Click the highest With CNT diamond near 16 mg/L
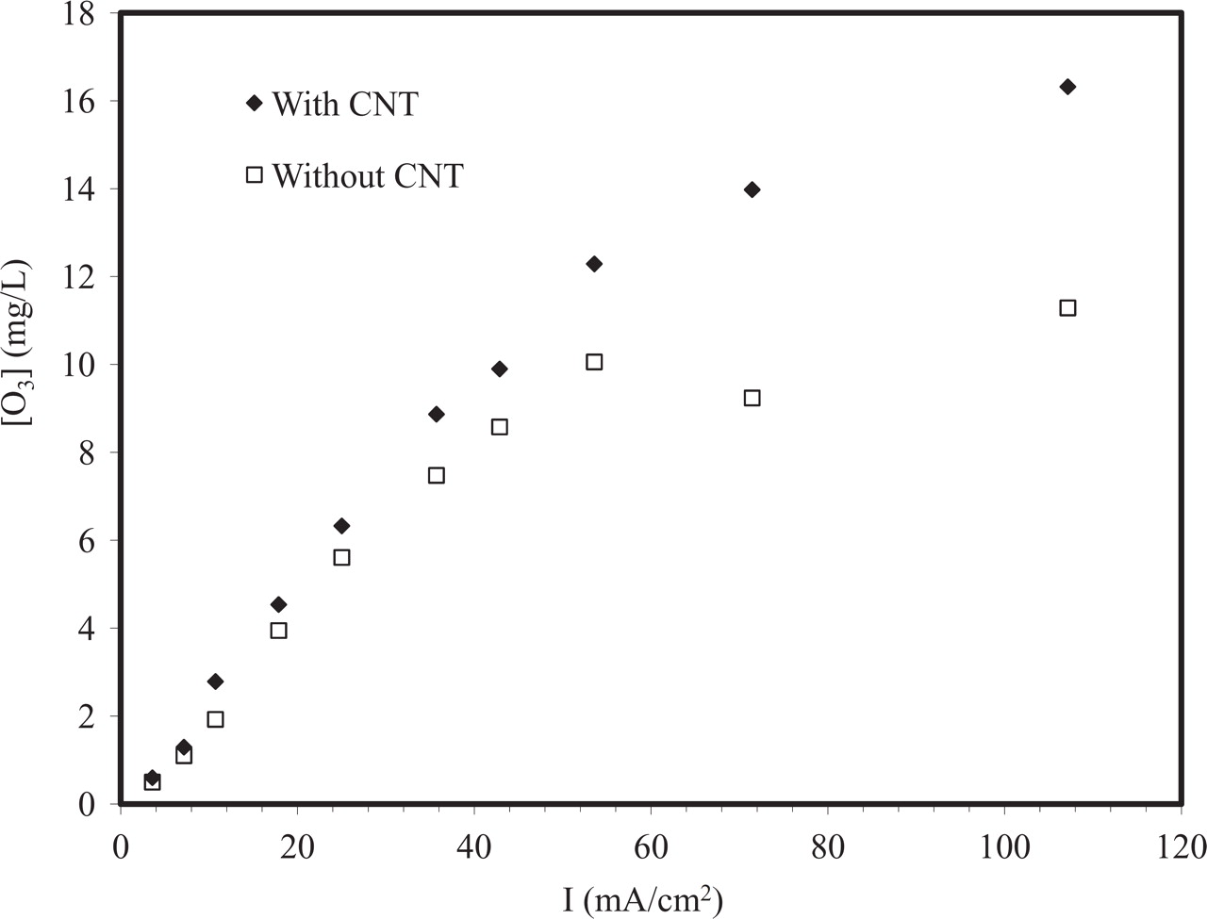tap(1067, 87)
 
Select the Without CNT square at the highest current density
tap(1067, 308)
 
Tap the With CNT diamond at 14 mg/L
tap(752, 189)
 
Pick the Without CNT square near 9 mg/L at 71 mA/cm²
tap(752, 398)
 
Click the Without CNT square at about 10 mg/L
tap(594, 362)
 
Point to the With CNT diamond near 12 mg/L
tap(594, 264)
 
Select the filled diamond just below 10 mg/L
tap(500, 369)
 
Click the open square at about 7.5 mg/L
tap(437, 475)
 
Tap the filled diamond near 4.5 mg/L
tap(278, 604)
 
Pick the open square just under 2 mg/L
tap(215, 719)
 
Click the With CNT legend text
tap(344, 104)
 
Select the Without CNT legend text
tap(368, 176)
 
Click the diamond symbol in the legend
tap(254, 103)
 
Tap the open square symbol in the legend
tap(254, 174)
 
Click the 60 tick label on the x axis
tap(651, 845)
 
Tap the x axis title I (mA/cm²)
tap(643, 899)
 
